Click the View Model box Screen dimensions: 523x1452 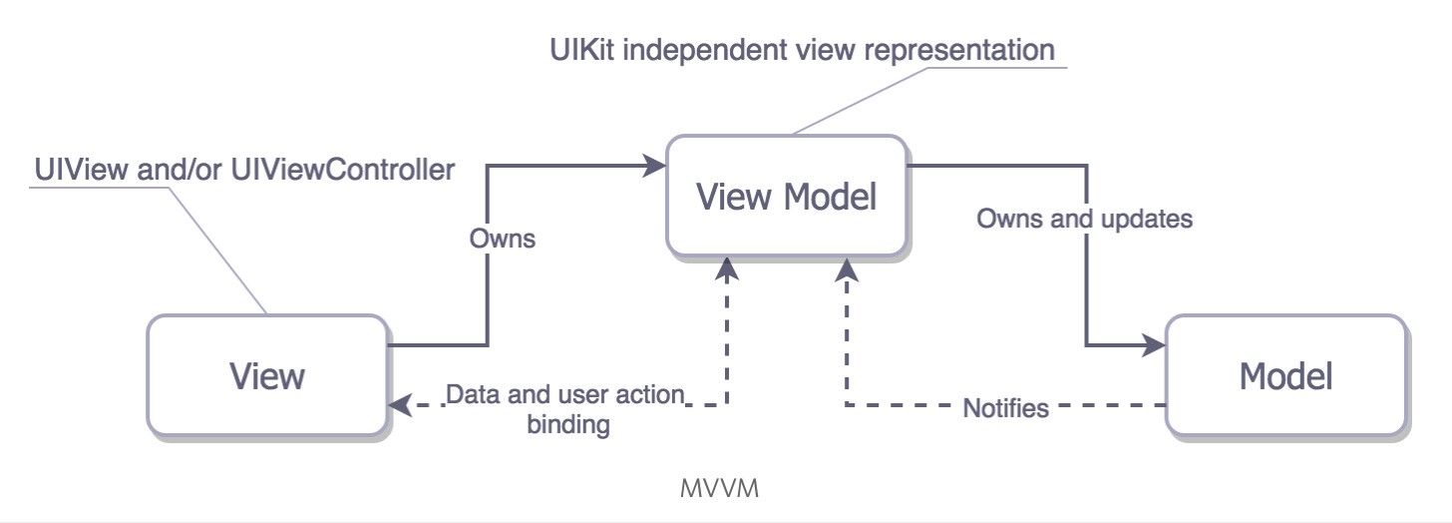[x=786, y=197]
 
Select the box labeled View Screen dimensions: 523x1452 [x=266, y=375]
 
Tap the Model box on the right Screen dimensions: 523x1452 [x=1285, y=375]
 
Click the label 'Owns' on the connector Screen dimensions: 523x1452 [x=503, y=240]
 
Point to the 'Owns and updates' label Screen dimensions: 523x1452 [x=1084, y=219]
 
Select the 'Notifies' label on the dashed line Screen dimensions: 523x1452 [x=1005, y=407]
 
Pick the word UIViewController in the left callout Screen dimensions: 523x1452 [x=342, y=170]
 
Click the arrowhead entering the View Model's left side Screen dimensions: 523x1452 [x=655, y=165]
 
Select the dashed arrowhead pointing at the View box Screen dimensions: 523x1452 [x=401, y=405]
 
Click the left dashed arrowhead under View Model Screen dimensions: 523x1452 [x=728, y=267]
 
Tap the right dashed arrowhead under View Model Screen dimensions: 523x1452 [x=847, y=267]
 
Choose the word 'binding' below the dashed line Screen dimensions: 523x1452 [x=566, y=425]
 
